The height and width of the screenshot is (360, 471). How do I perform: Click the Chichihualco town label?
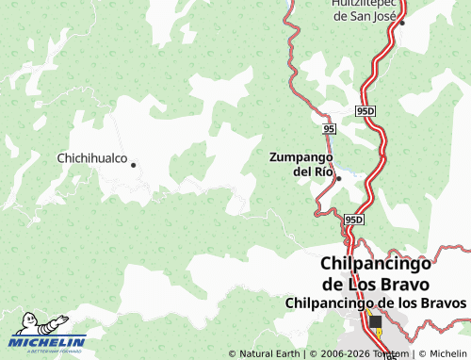92,158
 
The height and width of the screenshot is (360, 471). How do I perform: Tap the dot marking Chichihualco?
133,165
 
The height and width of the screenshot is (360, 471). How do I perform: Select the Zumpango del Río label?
301,163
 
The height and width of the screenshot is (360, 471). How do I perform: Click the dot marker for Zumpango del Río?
338,178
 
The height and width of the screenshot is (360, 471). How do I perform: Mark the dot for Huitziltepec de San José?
401,23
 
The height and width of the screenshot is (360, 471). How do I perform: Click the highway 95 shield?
328,127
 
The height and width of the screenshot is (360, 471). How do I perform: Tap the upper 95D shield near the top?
365,111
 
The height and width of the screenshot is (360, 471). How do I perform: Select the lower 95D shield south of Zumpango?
353,220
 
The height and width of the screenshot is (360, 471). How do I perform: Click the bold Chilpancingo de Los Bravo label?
375,274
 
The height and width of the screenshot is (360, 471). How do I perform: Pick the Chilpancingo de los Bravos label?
375,303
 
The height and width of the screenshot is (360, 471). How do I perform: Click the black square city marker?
376,321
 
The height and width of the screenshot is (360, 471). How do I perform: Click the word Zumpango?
301,155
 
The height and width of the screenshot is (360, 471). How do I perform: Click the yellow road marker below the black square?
379,334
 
